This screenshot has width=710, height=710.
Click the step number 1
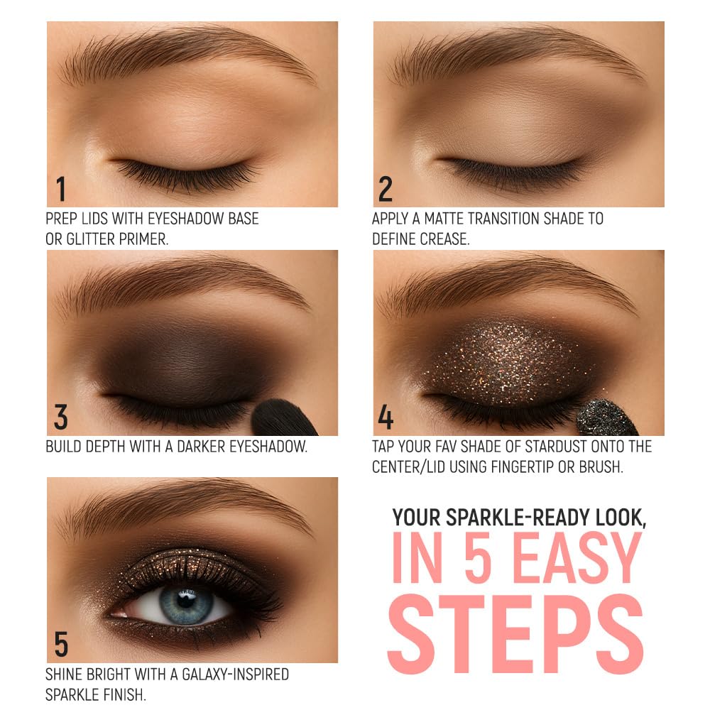click(61, 189)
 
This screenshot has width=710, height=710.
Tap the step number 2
click(386, 189)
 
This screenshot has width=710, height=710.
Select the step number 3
click(60, 417)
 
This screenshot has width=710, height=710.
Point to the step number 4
click(386, 417)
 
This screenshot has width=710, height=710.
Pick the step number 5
click(61, 645)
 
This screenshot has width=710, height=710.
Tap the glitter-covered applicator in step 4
click(607, 418)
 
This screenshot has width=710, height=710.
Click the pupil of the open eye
click(185, 601)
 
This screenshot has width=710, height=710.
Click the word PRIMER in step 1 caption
click(140, 239)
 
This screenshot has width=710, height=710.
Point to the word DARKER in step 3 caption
click(201, 447)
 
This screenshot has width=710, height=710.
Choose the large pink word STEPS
click(515, 633)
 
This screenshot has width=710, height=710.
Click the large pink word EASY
click(577, 557)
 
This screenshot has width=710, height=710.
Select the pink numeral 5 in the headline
click(478, 557)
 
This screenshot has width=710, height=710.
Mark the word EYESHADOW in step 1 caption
click(185, 219)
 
